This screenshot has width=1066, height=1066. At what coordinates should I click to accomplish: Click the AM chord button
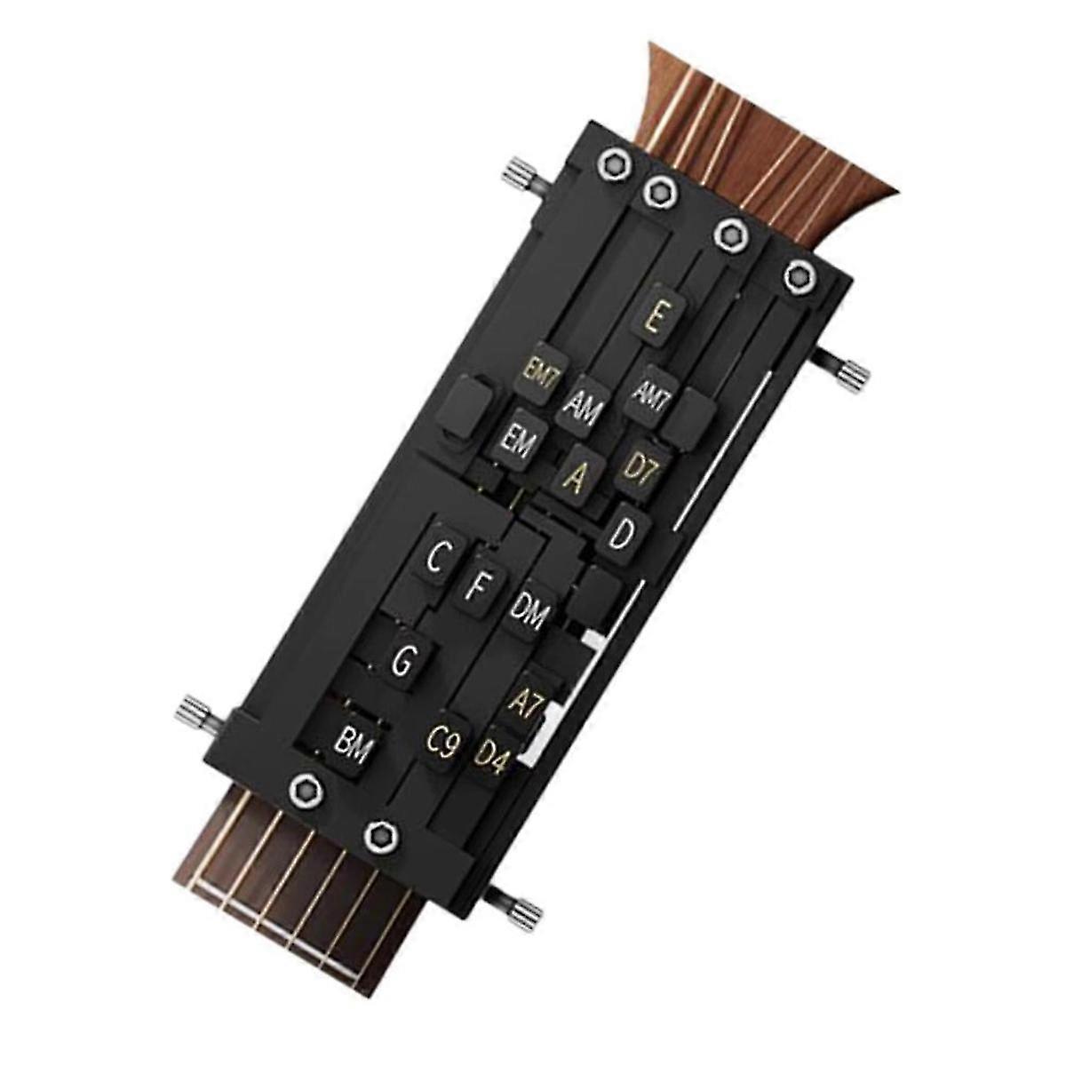point(582,409)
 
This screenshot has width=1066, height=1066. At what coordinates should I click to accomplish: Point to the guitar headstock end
point(799,115)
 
